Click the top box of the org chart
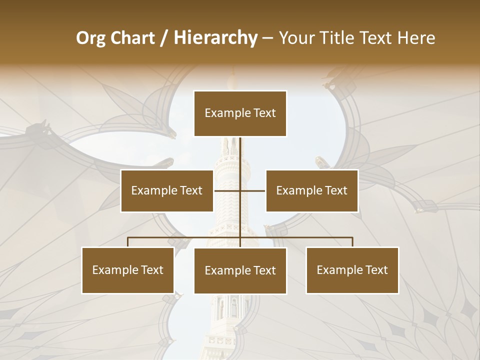click(x=240, y=113)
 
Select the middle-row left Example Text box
click(x=167, y=190)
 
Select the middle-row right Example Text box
click(x=311, y=190)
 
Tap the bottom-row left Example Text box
click(x=128, y=270)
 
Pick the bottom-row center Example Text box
click(x=240, y=270)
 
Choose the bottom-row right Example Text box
click(x=352, y=270)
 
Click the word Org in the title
click(x=90, y=38)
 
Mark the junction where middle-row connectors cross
click(x=240, y=190)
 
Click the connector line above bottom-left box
click(x=128, y=242)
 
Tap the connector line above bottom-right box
click(x=352, y=242)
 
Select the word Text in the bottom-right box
click(x=375, y=270)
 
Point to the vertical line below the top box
click(x=240, y=155)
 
